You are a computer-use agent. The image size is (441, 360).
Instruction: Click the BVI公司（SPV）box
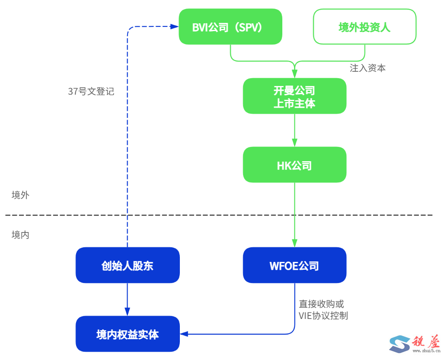230,27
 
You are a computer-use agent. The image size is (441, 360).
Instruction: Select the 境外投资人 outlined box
364,27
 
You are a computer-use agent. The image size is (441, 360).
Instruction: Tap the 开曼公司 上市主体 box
294,96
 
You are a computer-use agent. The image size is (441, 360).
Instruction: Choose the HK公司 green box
294,165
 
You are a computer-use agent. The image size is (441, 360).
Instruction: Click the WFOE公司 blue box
294,265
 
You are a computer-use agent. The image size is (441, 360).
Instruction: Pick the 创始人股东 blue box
128,265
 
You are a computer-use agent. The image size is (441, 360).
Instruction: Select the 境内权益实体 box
128,334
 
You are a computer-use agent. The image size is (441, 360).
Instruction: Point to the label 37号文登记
91,92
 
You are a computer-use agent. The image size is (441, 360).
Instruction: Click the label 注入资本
367,68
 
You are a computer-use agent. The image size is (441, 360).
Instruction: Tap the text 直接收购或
322,304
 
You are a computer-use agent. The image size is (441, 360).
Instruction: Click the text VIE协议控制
323,315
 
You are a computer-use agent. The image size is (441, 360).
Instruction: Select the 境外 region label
20,195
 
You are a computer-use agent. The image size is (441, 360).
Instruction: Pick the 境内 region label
20,235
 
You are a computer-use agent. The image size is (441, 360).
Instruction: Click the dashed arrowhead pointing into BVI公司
175,27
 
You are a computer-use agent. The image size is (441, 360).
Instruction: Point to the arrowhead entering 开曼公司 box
294,74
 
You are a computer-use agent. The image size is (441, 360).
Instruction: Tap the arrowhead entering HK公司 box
294,143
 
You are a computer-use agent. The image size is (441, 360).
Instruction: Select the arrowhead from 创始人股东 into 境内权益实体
128,312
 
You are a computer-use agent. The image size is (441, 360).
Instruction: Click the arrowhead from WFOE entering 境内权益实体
184,334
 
